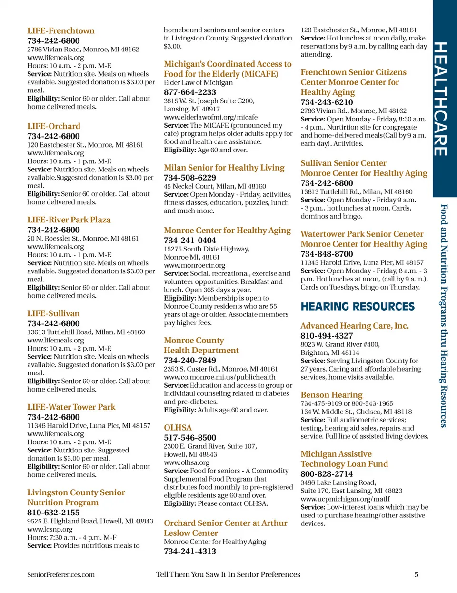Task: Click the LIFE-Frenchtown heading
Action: [60, 31]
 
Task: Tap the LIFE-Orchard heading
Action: [53, 126]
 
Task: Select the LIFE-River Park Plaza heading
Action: [69, 220]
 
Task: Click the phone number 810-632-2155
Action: [53, 513]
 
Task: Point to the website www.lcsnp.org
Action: [50, 529]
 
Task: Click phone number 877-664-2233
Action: [190, 92]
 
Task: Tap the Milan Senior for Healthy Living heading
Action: [224, 168]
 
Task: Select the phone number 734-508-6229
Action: [190, 178]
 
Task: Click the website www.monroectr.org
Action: [194, 265]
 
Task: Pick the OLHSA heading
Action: [178, 428]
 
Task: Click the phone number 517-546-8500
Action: [190, 438]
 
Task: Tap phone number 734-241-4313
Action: [190, 551]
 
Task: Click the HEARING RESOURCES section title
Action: [358, 307]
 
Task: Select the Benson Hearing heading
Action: [331, 395]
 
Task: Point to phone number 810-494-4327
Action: [327, 336]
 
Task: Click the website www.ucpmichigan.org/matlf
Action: [345, 499]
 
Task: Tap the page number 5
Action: [416, 574]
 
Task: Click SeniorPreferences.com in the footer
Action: [60, 575]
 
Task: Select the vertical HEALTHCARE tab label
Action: [441, 99]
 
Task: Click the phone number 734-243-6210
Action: [327, 102]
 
